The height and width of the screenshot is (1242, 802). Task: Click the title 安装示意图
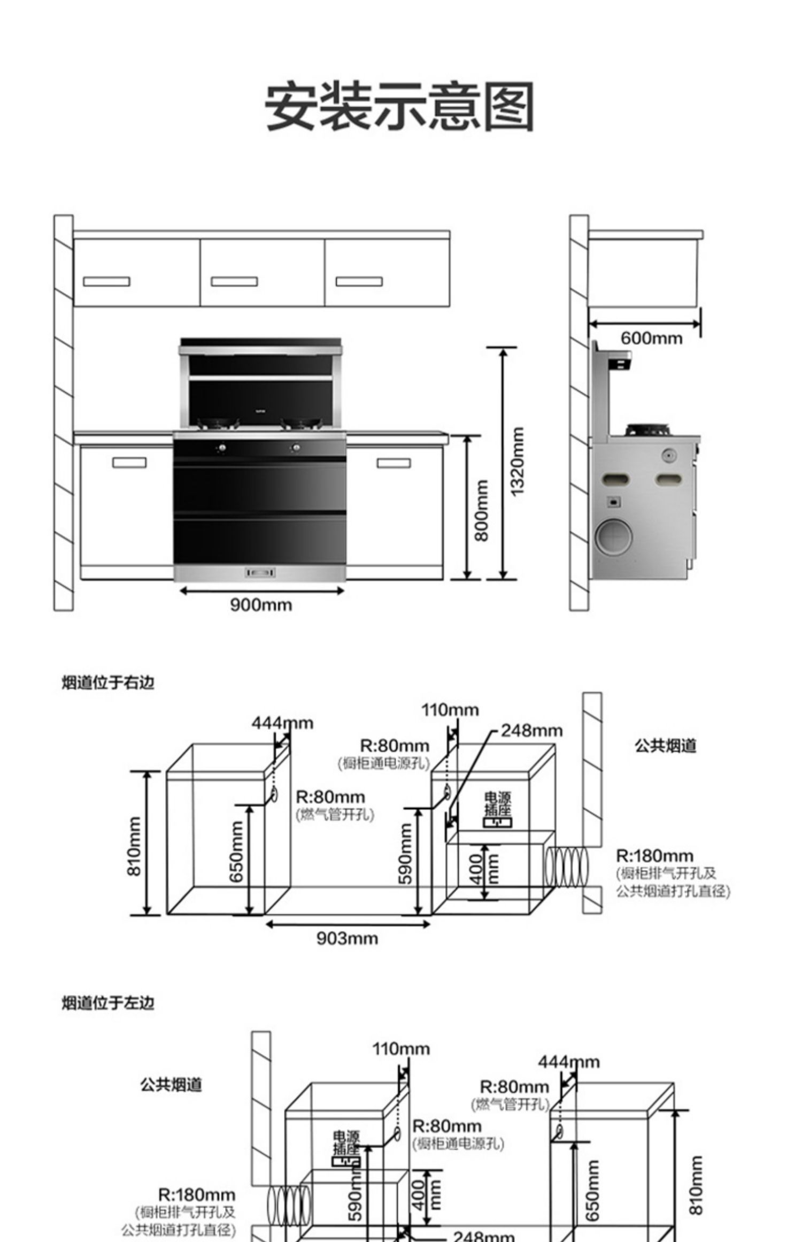click(x=399, y=106)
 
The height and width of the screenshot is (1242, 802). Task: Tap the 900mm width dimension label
click(x=261, y=605)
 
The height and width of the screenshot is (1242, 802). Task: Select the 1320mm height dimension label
click(x=517, y=462)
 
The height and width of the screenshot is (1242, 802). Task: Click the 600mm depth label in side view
click(x=651, y=338)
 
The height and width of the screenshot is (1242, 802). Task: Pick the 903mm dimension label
click(x=347, y=938)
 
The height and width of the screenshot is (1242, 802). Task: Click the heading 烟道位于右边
click(x=108, y=683)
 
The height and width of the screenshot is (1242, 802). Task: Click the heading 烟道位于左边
click(x=108, y=1003)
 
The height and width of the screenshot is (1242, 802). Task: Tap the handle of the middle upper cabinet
click(x=234, y=281)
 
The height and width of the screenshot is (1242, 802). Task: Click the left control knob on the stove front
click(x=222, y=447)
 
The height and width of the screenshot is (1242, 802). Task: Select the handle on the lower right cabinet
click(x=394, y=463)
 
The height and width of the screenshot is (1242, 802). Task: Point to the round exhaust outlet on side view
click(x=614, y=536)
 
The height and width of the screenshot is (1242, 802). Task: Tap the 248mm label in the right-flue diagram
click(x=531, y=731)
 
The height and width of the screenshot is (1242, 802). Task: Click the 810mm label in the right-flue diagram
click(x=134, y=846)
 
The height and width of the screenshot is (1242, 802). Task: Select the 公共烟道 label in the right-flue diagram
click(x=665, y=746)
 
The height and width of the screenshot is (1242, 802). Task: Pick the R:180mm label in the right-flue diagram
click(x=654, y=856)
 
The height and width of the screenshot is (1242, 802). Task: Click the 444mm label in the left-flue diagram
click(x=569, y=1062)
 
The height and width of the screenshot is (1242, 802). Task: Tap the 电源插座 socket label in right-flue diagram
click(x=497, y=804)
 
